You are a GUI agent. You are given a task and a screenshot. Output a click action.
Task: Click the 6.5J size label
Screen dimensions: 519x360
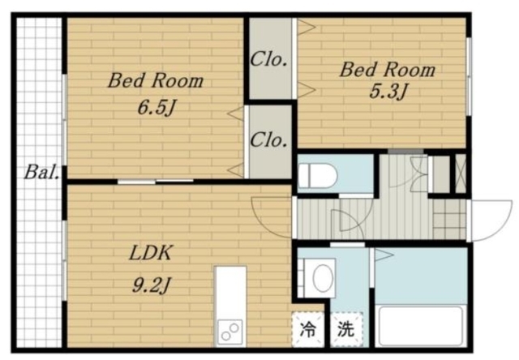coord(156,108)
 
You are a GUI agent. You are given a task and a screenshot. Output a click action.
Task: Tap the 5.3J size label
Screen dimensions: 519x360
coord(388,91)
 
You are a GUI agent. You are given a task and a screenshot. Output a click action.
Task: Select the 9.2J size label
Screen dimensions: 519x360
coord(152,285)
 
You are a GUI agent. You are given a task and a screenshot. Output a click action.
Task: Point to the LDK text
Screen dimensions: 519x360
coord(151,253)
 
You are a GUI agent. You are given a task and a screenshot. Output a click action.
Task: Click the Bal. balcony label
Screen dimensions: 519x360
coord(41,173)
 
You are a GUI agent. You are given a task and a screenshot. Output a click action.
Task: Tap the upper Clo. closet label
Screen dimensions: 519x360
coord(268,60)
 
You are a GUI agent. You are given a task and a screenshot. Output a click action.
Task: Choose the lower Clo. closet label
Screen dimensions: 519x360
coord(268,140)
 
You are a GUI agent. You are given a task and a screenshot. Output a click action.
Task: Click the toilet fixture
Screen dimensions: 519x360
coord(318,176)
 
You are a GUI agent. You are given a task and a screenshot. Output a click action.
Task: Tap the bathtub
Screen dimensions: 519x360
coord(421,326)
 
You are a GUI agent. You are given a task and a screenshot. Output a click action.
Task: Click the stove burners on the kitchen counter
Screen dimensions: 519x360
coord(230,332)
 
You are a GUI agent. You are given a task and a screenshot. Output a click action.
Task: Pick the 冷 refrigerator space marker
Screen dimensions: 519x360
coord(308,329)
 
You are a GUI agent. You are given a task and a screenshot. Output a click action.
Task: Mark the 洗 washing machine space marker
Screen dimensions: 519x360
coord(346,329)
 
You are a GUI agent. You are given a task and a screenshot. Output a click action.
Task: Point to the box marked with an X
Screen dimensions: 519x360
coord(461,174)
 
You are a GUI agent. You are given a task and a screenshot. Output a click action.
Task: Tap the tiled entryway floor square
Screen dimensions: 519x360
coord(449,218)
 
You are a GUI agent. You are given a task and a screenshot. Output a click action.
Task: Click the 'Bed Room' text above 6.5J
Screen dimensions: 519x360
coord(156,80)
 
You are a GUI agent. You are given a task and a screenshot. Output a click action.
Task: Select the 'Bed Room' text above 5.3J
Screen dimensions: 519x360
coord(388,70)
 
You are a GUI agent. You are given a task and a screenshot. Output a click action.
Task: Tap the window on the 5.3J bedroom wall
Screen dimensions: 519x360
coord(469,76)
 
